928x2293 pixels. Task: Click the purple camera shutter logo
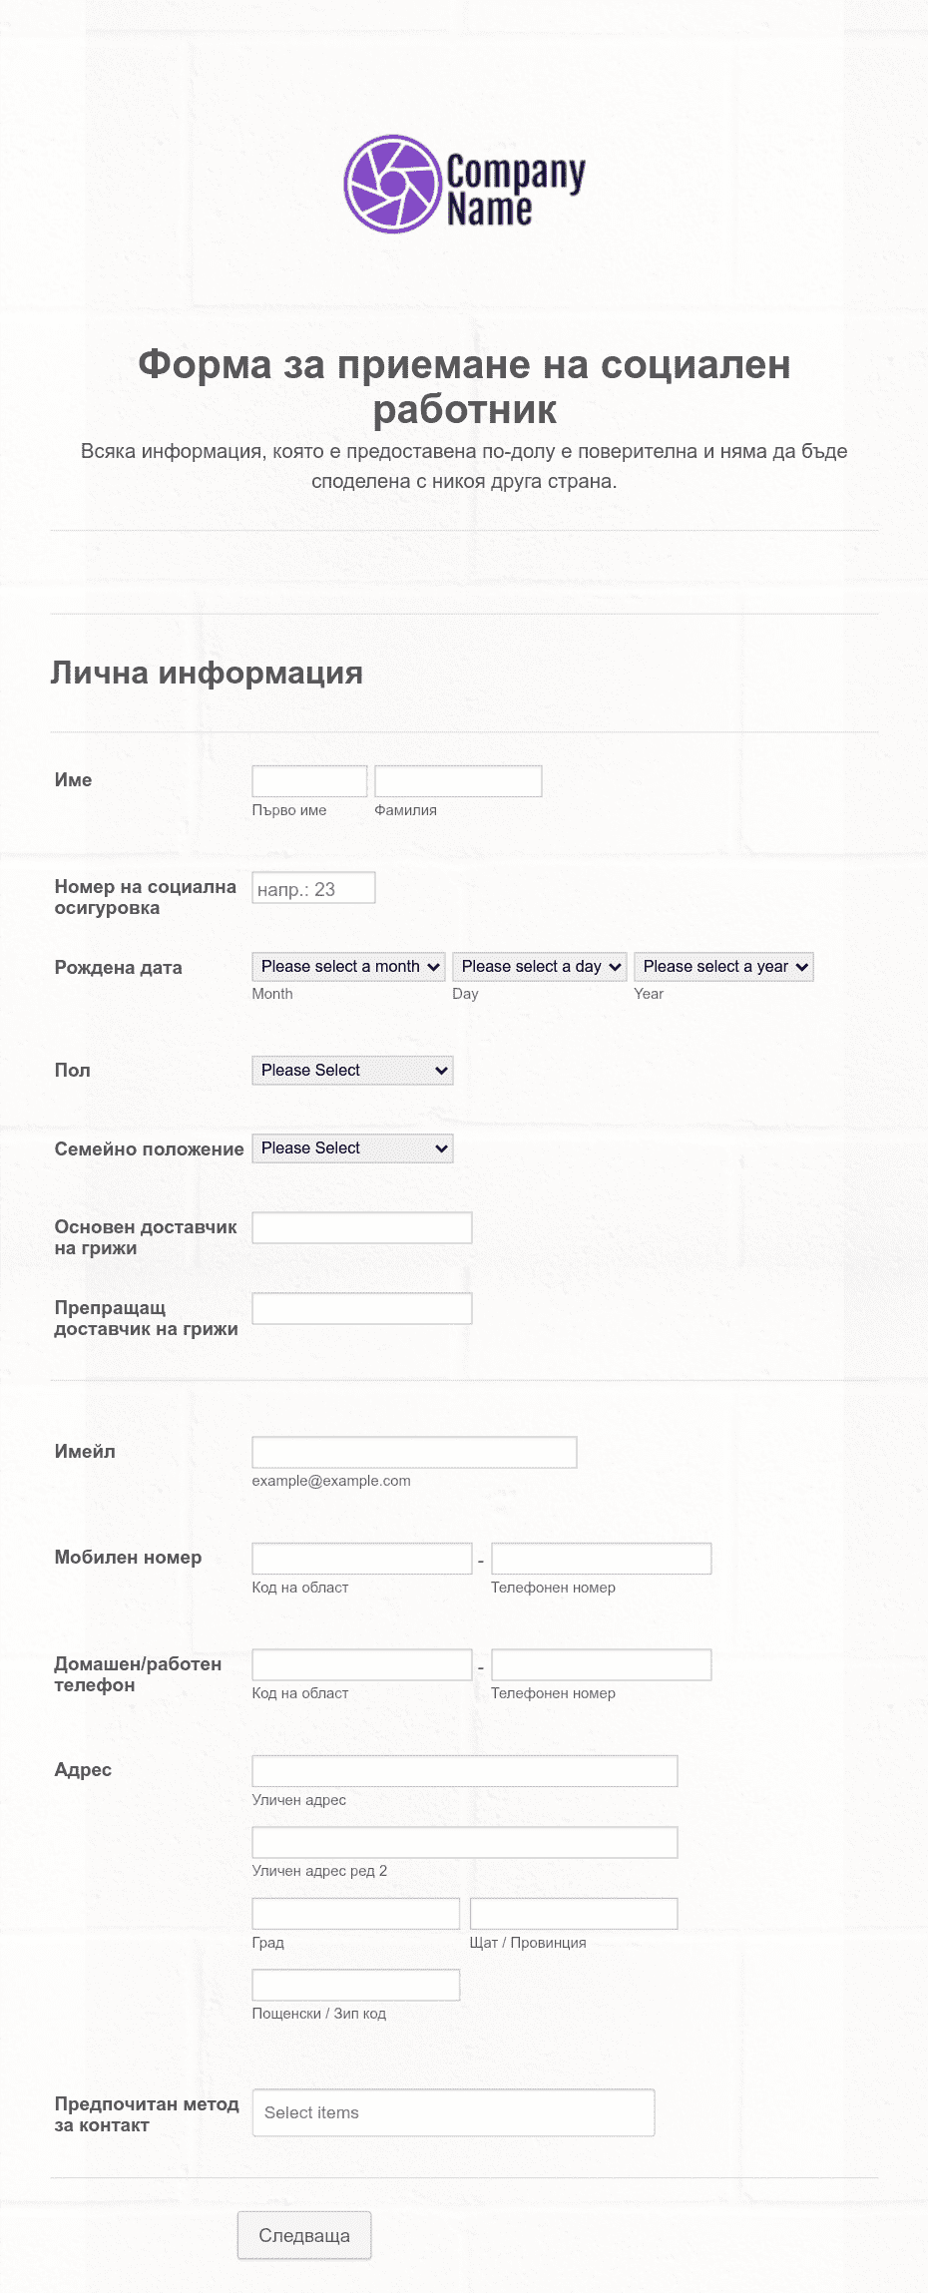(392, 185)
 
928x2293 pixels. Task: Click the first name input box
(309, 781)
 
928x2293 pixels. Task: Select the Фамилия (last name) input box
(458, 781)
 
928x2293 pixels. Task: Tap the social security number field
(313, 888)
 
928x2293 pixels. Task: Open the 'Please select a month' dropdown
(349, 967)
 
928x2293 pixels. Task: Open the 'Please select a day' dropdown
(540, 967)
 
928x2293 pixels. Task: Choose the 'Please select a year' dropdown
(723, 967)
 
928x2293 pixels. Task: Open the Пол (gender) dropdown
(352, 1071)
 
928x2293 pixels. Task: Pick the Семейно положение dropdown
(352, 1148)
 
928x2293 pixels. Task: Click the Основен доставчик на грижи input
(361, 1228)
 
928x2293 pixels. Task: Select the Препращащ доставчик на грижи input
(361, 1309)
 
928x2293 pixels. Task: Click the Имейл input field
(414, 1453)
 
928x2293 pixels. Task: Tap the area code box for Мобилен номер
(361, 1559)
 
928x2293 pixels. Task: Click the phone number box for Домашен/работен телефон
(601, 1665)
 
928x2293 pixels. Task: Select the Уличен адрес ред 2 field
(464, 1843)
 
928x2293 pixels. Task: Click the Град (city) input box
(355, 1914)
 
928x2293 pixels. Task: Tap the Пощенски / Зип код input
(355, 1986)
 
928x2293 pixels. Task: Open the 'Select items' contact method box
(453, 2112)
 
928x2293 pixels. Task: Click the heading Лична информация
(207, 674)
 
